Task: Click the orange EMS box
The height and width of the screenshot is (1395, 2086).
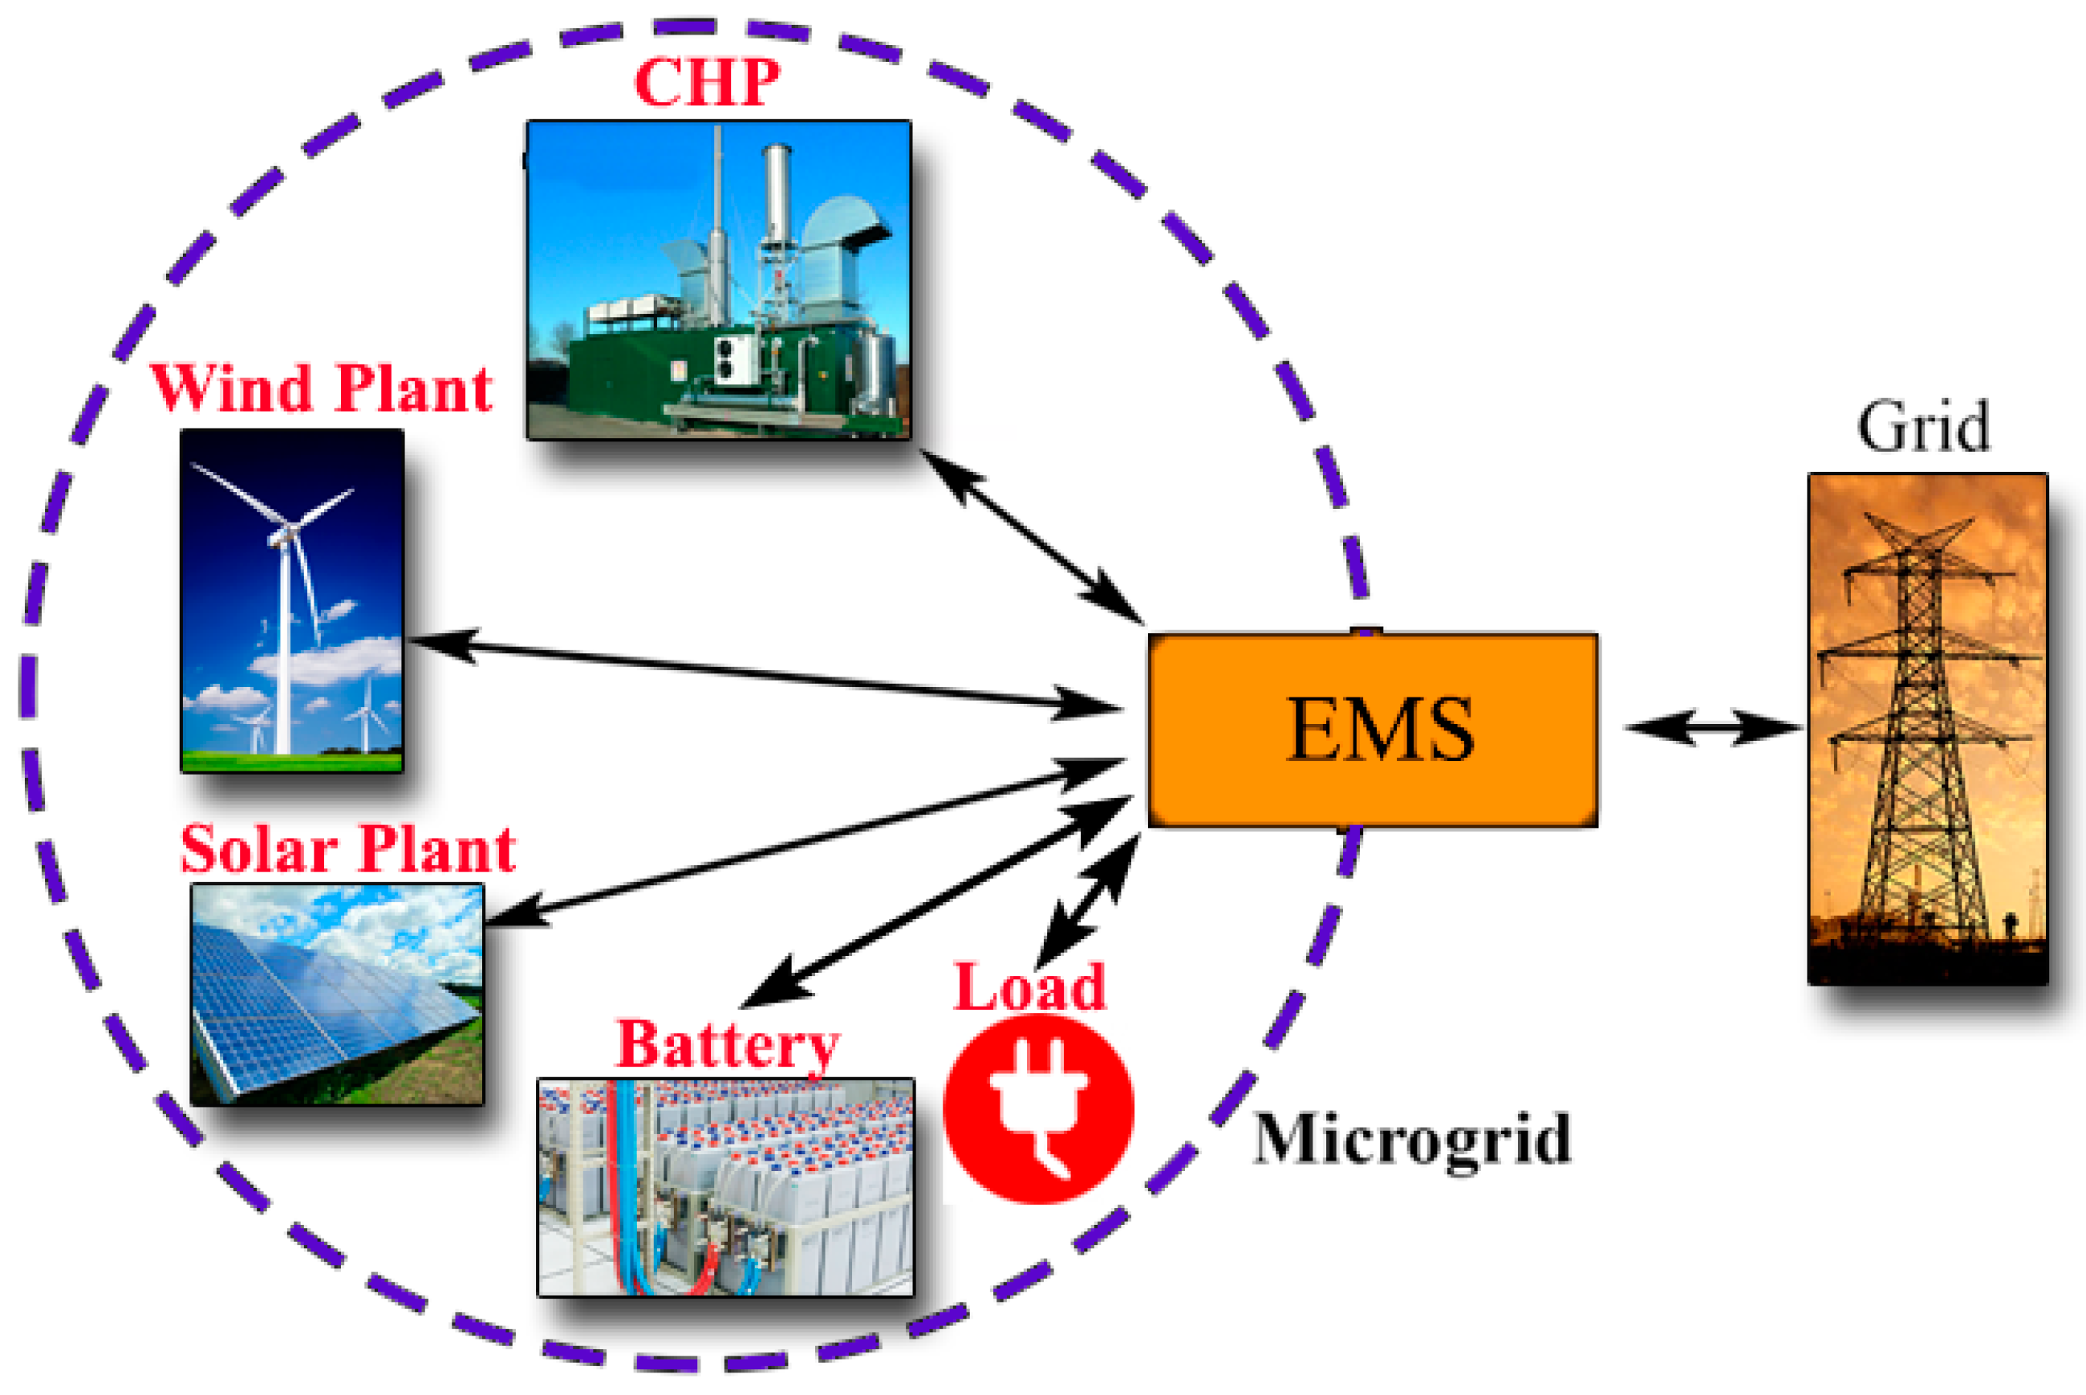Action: [1372, 730]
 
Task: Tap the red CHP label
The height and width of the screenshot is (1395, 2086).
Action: [707, 82]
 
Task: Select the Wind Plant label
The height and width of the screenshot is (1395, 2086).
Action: [321, 388]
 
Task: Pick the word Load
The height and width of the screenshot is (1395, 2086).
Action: [1029, 986]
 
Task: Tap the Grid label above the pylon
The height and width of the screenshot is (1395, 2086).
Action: [1922, 427]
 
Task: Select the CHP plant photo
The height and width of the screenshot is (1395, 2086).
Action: [718, 279]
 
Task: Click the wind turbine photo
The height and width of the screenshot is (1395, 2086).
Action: [292, 600]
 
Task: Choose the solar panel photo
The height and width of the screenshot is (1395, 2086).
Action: [337, 994]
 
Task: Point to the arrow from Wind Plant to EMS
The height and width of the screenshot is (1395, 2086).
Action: [765, 673]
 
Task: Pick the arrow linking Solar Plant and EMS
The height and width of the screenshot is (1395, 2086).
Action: [805, 840]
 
